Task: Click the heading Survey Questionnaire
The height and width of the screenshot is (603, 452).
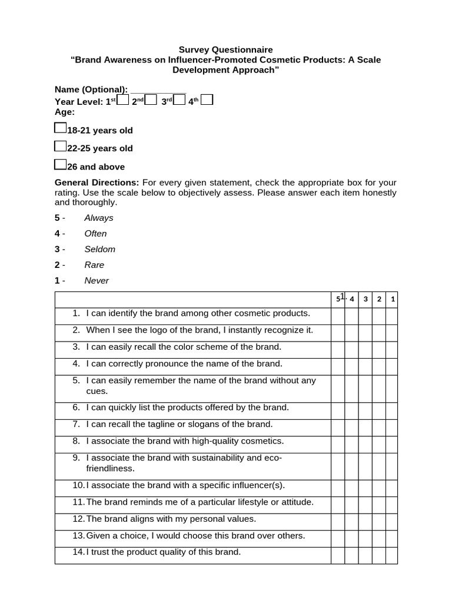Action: pyautogui.click(x=226, y=50)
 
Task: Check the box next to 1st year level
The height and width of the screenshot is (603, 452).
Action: pyautogui.click(x=122, y=100)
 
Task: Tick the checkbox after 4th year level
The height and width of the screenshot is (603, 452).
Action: pyautogui.click(x=207, y=100)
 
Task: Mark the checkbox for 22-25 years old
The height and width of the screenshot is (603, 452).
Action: pyautogui.click(x=61, y=146)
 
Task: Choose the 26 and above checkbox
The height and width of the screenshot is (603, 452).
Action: pyautogui.click(x=61, y=164)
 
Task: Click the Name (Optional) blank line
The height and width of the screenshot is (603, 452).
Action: pyautogui.click(x=157, y=90)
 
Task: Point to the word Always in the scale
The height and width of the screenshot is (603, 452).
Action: pyautogui.click(x=99, y=218)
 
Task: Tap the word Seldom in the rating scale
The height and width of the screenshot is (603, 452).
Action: pyautogui.click(x=99, y=249)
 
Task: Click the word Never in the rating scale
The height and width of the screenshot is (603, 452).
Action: pyautogui.click(x=97, y=281)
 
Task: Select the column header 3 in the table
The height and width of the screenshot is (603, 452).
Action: pyautogui.click(x=365, y=299)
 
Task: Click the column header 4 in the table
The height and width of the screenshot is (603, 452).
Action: pyautogui.click(x=351, y=299)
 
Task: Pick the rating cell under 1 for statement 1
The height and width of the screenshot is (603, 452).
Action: pyautogui.click(x=392, y=316)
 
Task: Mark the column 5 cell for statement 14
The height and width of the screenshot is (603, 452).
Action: pyautogui.click(x=338, y=555)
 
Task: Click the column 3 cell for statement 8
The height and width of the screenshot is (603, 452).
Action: pyautogui.click(x=365, y=445)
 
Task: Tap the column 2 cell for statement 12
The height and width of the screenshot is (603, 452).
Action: pyautogui.click(x=379, y=522)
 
